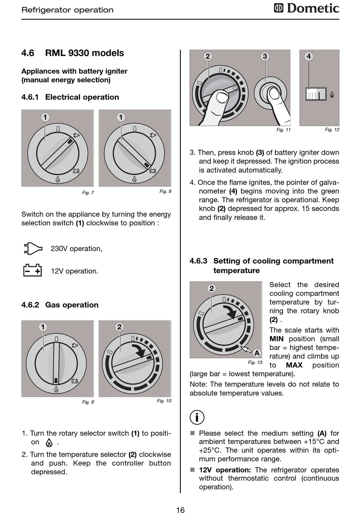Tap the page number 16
[x=180, y=510]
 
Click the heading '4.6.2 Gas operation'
[x=60, y=305]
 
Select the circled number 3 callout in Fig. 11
[x=265, y=57]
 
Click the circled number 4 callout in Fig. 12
[x=308, y=57]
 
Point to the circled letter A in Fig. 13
[x=257, y=353]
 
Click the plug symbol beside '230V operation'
[x=33, y=248]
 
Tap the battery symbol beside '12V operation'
[x=33, y=270]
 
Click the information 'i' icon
[x=197, y=417]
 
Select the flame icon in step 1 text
[x=49, y=442]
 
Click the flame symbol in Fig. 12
[x=332, y=94]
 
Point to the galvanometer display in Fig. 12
[x=316, y=94]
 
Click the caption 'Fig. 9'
[x=88, y=402]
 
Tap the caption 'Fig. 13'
[x=255, y=362]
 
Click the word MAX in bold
[x=294, y=365]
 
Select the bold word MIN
[x=277, y=339]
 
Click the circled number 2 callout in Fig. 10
[x=119, y=327]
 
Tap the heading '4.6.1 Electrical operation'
[x=70, y=97]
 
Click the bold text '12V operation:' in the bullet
[x=225, y=470]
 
